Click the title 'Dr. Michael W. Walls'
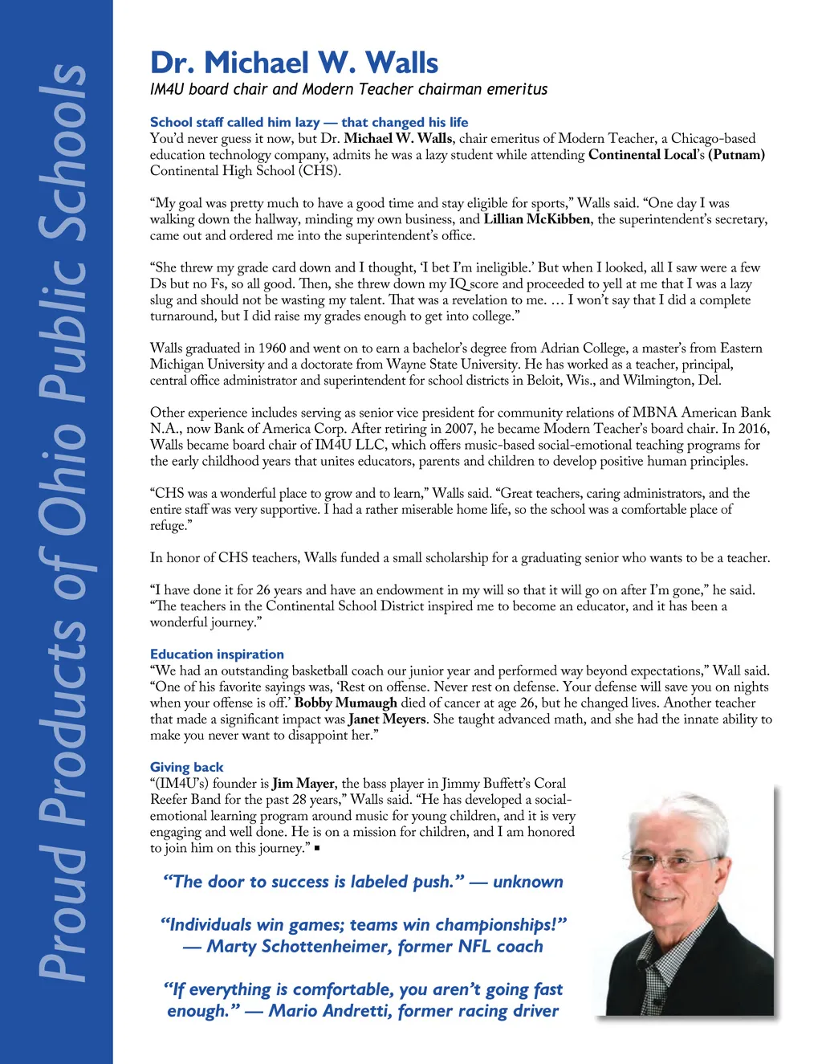[x=294, y=63]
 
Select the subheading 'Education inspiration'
[x=217, y=654]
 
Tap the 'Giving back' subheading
[x=186, y=767]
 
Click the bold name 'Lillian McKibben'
[x=536, y=219]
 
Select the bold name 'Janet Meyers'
[x=387, y=719]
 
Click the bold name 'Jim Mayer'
[x=303, y=783]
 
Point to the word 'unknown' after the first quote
[x=527, y=882]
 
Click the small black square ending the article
[x=318, y=849]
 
